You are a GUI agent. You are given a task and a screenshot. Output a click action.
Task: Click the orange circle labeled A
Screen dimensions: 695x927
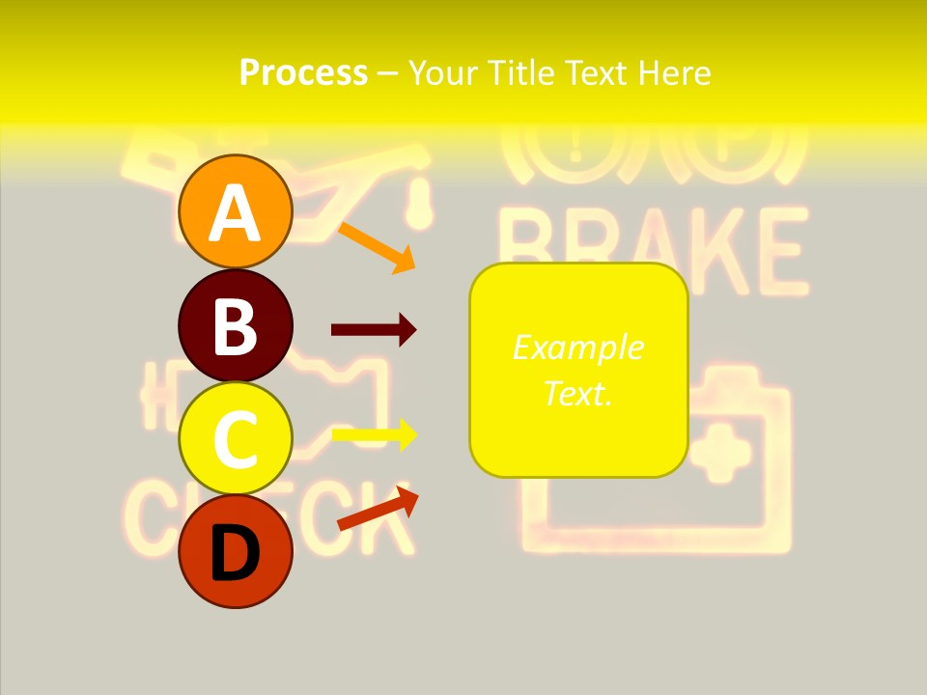(x=235, y=211)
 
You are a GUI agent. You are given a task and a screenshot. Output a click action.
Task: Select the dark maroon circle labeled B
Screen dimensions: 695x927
(x=235, y=325)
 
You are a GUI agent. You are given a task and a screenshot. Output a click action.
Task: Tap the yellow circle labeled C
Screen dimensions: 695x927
(x=235, y=438)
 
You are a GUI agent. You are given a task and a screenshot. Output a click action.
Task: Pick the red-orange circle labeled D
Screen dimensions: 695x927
(x=235, y=551)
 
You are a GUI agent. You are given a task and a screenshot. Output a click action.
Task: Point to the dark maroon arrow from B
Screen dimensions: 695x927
(x=374, y=330)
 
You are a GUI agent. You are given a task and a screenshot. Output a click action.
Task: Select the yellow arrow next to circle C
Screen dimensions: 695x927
(x=374, y=434)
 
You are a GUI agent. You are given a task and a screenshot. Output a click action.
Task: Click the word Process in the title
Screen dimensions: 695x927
(x=303, y=72)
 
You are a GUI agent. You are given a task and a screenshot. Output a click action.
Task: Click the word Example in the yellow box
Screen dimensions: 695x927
(x=577, y=347)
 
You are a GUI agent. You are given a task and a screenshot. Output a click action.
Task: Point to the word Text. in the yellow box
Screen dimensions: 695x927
(x=577, y=393)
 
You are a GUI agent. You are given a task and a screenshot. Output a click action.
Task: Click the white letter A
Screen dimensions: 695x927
(x=235, y=212)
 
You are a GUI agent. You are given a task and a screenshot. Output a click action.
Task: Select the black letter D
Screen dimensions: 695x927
(x=235, y=554)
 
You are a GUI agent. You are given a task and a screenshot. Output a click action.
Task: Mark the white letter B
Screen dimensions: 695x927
(x=235, y=326)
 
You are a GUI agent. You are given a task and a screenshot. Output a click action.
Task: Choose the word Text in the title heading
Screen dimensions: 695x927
(x=597, y=72)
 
